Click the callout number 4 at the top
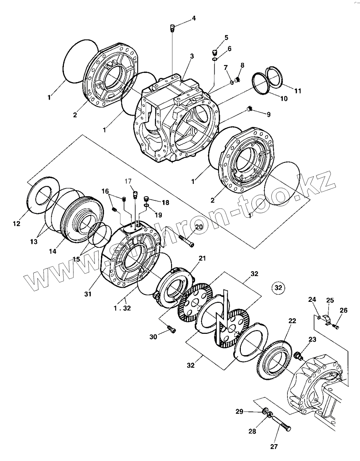(194, 18)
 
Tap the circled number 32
(278, 287)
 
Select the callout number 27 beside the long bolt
(274, 447)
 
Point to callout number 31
(88, 294)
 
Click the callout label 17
(128, 181)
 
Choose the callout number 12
(16, 223)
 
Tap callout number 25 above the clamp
(330, 300)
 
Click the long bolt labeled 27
(281, 424)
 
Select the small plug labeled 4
(173, 28)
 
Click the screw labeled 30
(172, 330)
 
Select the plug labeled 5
(215, 53)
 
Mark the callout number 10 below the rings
(284, 99)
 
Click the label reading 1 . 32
(122, 308)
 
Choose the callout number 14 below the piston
(53, 251)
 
